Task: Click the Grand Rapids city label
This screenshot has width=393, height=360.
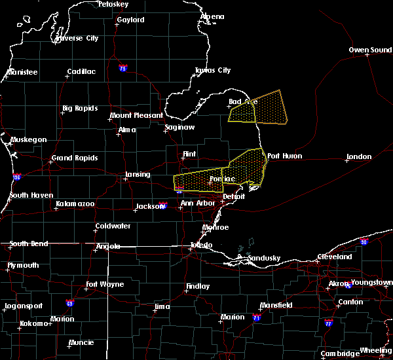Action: click(x=75, y=158)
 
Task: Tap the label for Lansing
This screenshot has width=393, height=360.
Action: click(x=138, y=175)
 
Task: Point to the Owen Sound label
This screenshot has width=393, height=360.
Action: click(x=370, y=50)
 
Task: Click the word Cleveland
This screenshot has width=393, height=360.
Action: click(x=335, y=257)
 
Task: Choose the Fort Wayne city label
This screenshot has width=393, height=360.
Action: click(x=104, y=285)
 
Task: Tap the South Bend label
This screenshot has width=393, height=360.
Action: click(x=29, y=244)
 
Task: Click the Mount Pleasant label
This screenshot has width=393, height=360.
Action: click(x=136, y=115)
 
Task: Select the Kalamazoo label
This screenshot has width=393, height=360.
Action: click(x=74, y=204)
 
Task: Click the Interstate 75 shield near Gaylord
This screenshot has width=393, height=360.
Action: click(x=122, y=68)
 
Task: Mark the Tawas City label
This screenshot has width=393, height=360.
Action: click(x=213, y=70)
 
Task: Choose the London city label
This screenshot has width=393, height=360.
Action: click(x=359, y=156)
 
